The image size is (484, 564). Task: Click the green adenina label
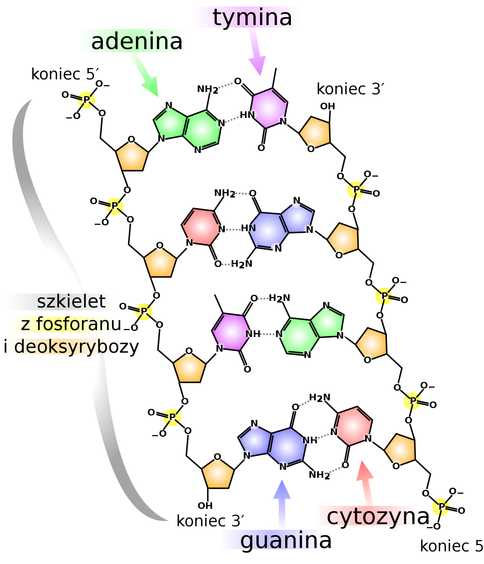(133, 41)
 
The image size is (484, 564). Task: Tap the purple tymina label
(246, 17)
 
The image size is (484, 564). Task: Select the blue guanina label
(272, 540)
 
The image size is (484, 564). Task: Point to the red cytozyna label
(366, 516)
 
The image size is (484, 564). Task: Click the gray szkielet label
(60, 302)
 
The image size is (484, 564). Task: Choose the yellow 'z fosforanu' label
(60, 324)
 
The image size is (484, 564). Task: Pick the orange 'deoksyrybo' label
(60, 346)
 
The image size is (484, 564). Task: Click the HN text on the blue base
(249, 228)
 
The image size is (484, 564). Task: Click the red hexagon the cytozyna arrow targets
(353, 426)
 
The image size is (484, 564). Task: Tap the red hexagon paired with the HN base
(201, 227)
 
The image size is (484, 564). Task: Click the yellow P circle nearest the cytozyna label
(441, 507)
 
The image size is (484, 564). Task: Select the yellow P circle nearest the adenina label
(86, 100)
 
